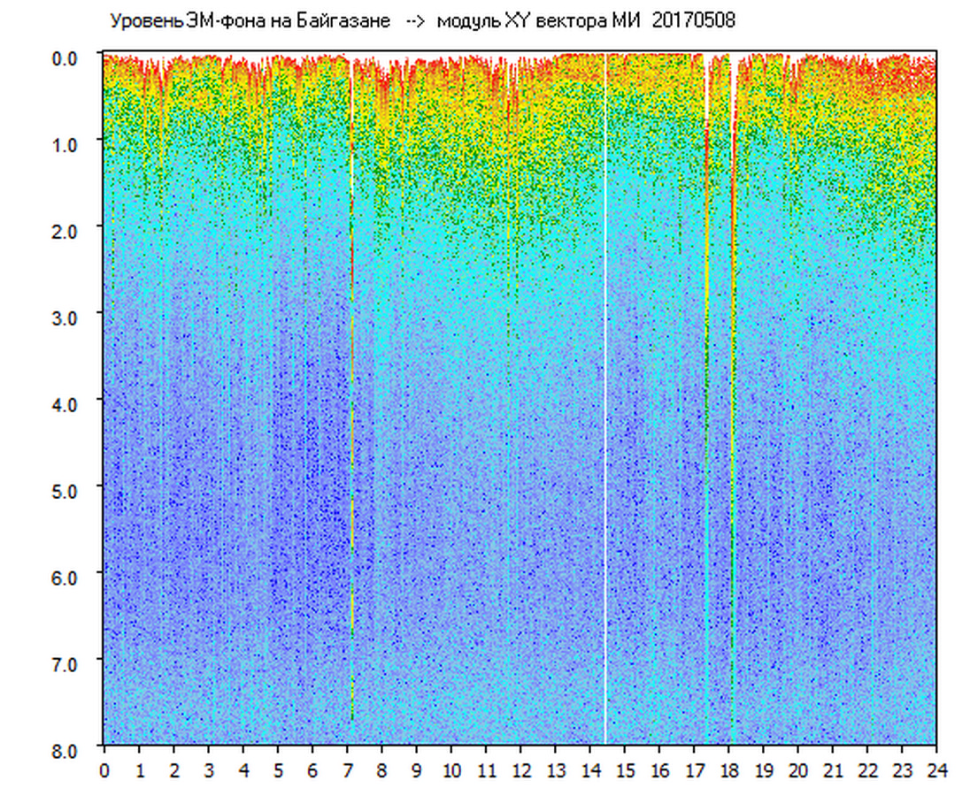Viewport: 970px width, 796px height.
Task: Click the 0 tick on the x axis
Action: tap(104, 770)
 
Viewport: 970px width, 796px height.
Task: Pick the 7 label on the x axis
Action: tap(347, 770)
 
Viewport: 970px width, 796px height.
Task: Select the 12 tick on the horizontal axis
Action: tap(520, 770)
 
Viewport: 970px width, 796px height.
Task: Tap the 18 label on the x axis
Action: tap(728, 770)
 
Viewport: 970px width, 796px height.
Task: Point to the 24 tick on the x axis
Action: tap(936, 770)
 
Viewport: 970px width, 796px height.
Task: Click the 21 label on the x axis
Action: tap(833, 770)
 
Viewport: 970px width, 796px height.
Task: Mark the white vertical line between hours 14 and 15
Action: tap(605, 398)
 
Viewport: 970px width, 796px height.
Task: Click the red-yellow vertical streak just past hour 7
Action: tap(352, 398)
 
